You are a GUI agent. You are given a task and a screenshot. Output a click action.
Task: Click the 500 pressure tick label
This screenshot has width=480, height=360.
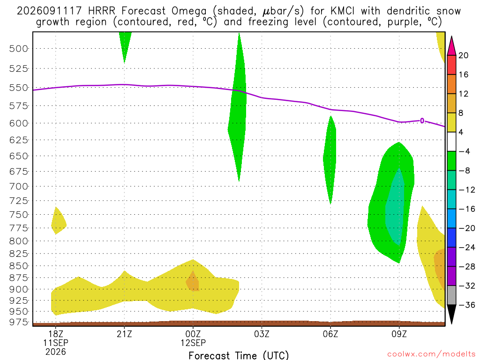tap(18, 49)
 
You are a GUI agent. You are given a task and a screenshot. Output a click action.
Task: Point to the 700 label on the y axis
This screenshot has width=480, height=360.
tap(18, 187)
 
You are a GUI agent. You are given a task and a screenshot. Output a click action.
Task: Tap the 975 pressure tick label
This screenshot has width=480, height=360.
tap(18, 322)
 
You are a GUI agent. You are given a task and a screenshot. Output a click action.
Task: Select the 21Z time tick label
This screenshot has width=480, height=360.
tap(124, 334)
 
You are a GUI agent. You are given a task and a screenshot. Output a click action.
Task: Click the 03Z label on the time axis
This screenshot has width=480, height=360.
tap(262, 334)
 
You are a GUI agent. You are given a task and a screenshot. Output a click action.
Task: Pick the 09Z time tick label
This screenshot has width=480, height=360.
tap(399, 334)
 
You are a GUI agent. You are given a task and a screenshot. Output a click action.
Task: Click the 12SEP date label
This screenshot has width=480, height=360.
tap(193, 343)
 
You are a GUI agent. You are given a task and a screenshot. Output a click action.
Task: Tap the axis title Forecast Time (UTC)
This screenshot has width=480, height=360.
tap(239, 355)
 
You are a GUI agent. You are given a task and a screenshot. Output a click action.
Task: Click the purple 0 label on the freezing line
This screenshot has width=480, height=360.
tap(422, 121)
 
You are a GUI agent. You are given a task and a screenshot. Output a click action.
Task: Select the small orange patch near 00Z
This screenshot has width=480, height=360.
tap(193, 282)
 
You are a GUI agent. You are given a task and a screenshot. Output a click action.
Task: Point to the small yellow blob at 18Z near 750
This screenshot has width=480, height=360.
tap(58, 221)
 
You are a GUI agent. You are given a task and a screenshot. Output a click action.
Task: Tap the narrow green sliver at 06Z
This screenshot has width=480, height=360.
tap(330, 160)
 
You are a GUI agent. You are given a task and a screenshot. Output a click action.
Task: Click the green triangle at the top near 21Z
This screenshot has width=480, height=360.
tap(125, 45)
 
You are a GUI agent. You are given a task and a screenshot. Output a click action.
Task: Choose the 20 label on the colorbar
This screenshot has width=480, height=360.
tap(464, 55)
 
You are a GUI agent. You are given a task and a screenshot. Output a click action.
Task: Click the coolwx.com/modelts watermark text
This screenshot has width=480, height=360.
tap(431, 354)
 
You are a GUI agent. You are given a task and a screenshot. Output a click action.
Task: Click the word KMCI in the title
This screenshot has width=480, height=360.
tap(343, 11)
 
